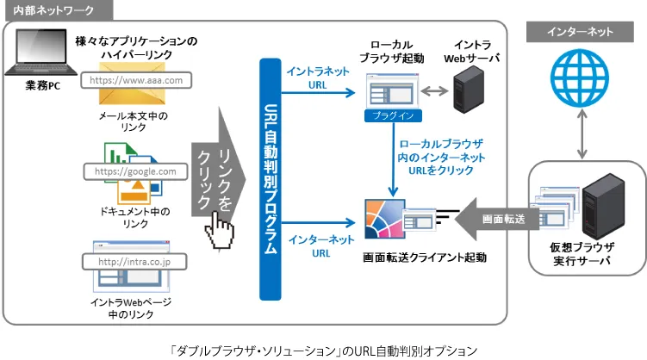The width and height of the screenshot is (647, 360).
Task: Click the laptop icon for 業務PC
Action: [x=36, y=57]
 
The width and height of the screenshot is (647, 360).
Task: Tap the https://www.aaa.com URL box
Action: [x=137, y=80]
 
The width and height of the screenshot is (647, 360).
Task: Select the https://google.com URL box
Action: [x=134, y=171]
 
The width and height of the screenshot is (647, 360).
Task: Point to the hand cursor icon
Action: [x=221, y=229]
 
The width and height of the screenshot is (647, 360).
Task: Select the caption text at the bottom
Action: [x=323, y=350]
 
